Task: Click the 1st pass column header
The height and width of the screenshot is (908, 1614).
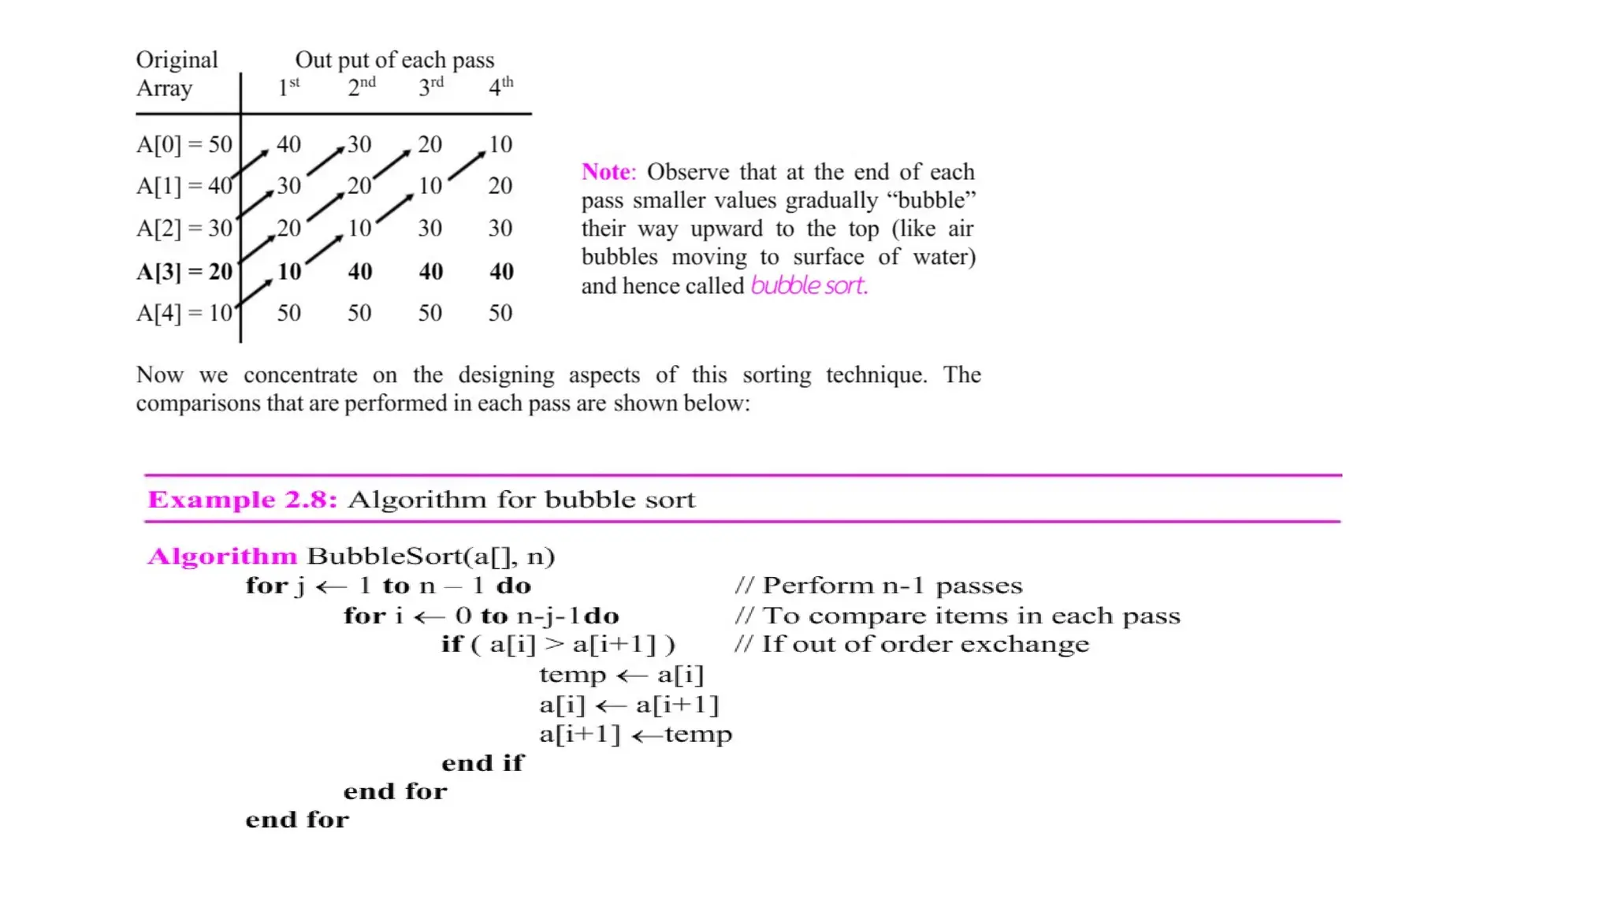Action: tap(288, 86)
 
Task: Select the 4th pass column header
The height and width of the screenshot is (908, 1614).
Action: tap(500, 86)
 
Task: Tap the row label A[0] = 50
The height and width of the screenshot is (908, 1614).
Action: tap(184, 144)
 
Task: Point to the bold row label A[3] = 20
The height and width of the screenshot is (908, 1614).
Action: tap(184, 271)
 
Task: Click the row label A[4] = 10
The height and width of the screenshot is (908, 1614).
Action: tap(184, 313)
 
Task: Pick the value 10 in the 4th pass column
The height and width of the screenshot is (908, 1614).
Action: tap(500, 144)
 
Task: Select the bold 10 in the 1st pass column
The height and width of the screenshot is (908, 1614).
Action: tap(289, 271)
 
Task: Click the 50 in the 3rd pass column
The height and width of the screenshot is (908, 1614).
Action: tap(430, 313)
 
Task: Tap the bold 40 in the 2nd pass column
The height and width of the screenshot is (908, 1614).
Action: tap(360, 271)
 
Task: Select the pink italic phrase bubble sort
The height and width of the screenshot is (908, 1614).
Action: tap(809, 285)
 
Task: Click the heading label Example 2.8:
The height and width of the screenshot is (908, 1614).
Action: tap(242, 500)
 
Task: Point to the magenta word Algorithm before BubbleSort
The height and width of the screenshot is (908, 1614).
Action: tap(222, 556)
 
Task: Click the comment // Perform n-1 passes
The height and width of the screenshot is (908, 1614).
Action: tap(878, 586)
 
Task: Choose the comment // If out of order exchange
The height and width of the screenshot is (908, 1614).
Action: tap(911, 644)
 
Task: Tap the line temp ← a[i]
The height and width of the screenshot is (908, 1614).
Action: tap(621, 675)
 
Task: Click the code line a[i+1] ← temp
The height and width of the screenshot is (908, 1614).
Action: tap(635, 735)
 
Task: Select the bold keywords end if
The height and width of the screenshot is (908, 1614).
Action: tap(482, 763)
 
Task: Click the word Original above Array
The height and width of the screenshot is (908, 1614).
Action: tap(177, 60)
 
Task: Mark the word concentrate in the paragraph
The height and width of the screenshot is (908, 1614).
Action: tap(300, 374)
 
